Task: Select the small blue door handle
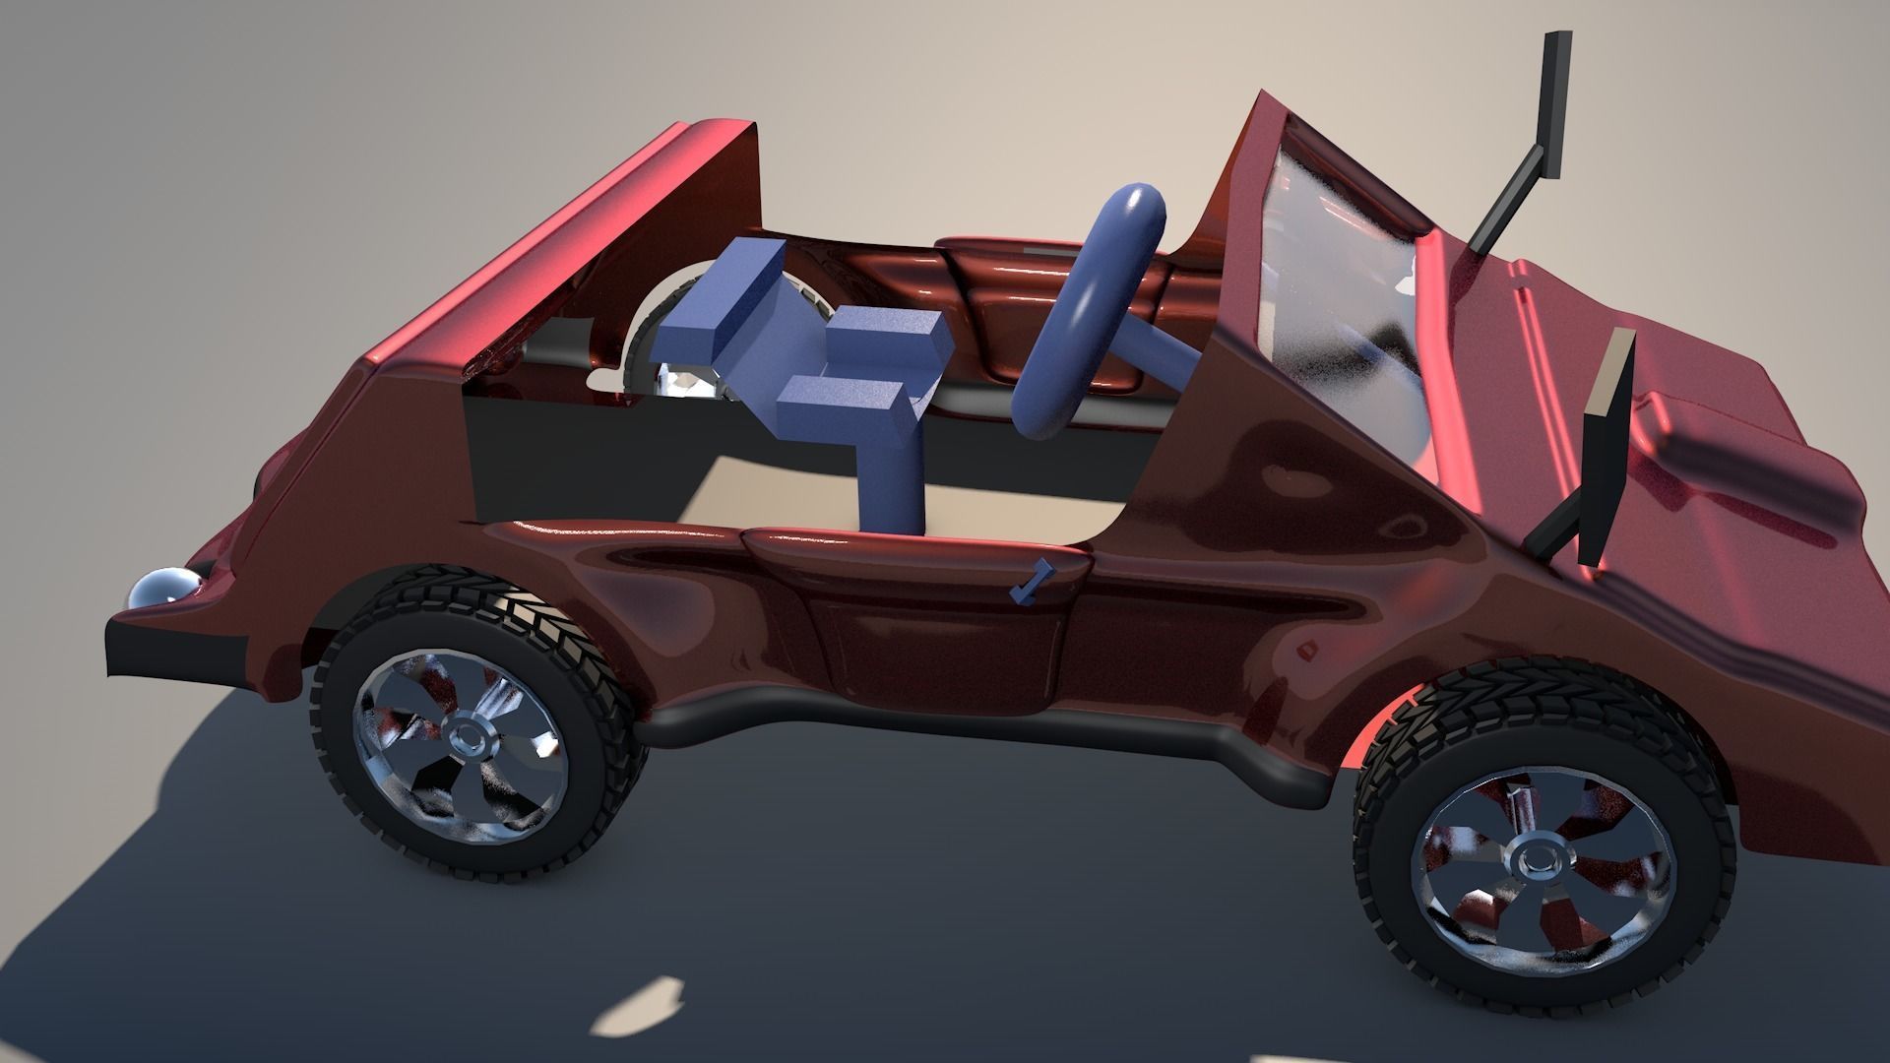tap(1030, 583)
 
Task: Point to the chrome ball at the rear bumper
tap(157, 591)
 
